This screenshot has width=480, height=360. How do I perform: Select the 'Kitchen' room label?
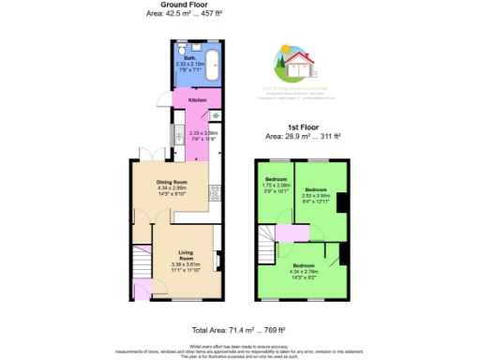196,99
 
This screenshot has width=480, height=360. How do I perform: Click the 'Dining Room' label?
185,180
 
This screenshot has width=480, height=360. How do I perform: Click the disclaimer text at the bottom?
239,352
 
